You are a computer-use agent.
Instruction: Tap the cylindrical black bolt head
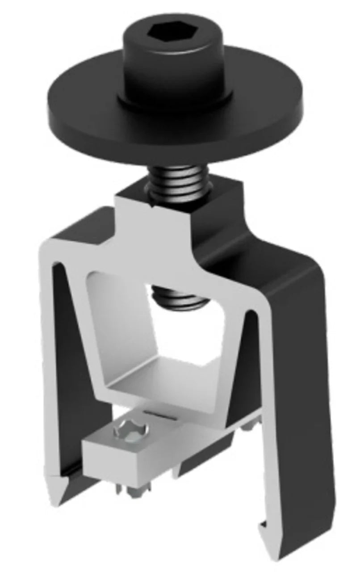[x=175, y=67]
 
